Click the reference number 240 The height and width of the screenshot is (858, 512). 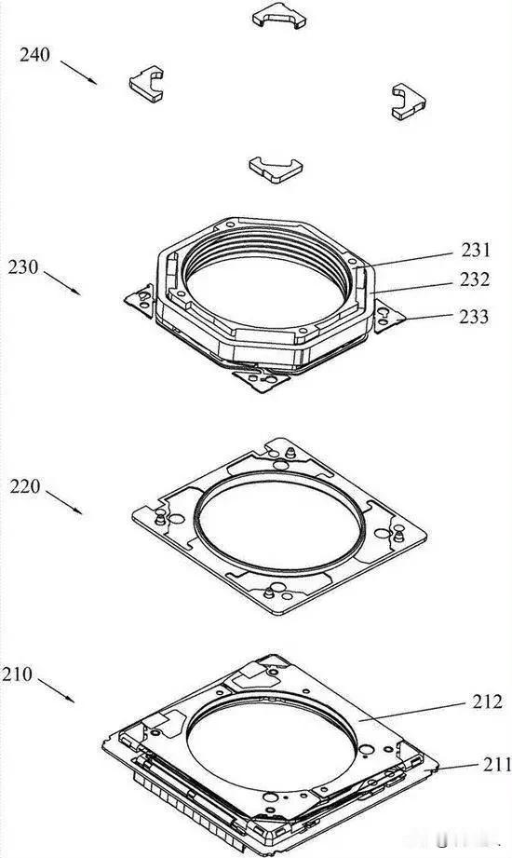coord(35,55)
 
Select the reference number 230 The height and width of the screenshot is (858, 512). coord(23,267)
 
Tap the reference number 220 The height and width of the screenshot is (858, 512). coord(24,486)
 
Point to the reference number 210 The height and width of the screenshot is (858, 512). coord(17,674)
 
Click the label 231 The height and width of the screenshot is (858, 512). coord(476,250)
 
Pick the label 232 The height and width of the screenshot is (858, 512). coord(475,279)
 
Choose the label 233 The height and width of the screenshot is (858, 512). coord(474,317)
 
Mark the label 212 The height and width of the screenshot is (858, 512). coord(487,701)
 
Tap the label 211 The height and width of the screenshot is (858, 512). coord(497,763)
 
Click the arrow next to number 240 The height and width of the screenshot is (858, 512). coord(79,73)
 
